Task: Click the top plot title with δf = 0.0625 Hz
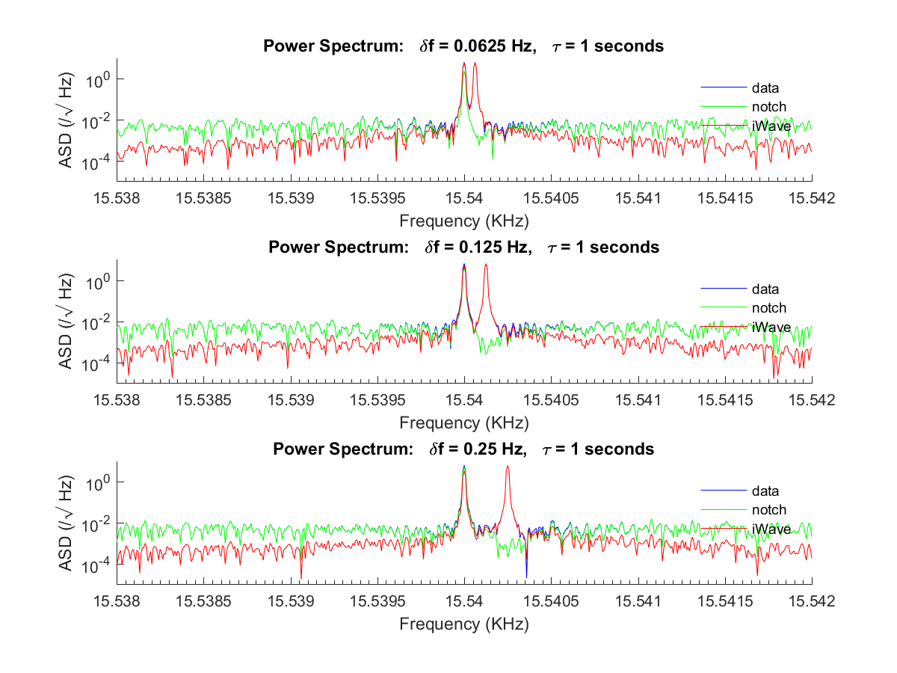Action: coord(463,46)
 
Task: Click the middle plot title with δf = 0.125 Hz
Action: coord(463,248)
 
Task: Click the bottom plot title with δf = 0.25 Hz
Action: coord(463,449)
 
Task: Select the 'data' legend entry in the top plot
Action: coord(765,87)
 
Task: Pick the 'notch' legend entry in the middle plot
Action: coord(769,308)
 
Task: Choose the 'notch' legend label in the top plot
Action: coord(769,106)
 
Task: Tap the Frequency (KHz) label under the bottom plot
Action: coord(463,624)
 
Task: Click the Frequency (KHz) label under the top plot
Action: coord(463,221)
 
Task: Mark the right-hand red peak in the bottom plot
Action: coord(508,468)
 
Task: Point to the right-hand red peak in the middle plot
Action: coord(486,266)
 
